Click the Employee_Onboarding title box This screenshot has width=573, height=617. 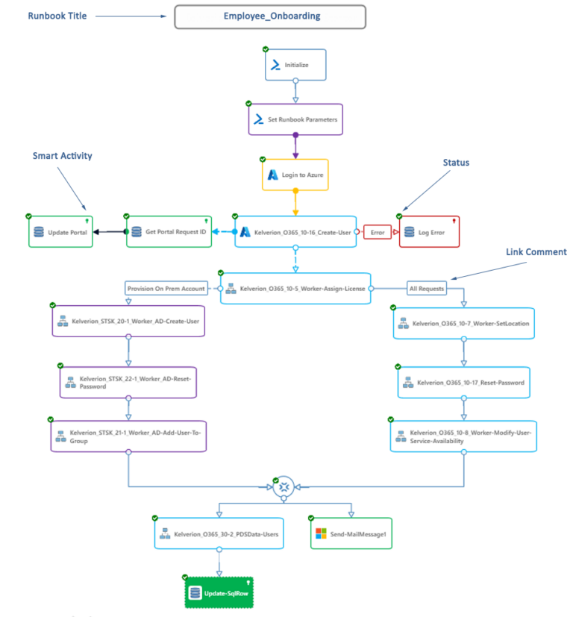270,16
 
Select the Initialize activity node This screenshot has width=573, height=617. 296,65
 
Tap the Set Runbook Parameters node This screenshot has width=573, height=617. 295,119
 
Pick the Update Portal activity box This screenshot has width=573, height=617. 62,232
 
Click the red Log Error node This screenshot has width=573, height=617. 430,232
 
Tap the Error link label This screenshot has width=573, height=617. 378,232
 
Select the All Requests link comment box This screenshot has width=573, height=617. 427,288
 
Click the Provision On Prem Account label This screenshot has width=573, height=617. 166,288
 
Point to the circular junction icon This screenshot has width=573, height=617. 284,487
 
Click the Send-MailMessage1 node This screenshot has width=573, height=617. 351,533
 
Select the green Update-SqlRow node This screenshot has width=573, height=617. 219,592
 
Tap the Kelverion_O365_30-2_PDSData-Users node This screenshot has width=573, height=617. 219,533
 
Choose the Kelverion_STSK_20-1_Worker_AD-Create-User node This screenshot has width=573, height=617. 128,322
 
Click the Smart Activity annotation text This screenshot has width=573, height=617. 63,156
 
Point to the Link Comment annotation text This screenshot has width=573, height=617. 536,252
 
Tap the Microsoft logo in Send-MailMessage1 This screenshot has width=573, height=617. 321,533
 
